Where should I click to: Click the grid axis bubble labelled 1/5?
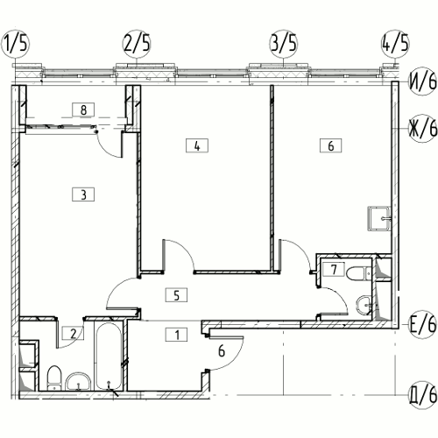16,44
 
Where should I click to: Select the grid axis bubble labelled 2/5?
137,44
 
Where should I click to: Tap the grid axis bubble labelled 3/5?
283,44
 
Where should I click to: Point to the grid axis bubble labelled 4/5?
395,44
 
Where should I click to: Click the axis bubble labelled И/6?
422,81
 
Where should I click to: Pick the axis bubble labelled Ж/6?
422,128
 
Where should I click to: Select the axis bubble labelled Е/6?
422,324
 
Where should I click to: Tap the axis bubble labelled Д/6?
422,395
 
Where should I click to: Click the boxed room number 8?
83,109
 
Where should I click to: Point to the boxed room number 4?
197,145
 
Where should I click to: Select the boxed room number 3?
83,194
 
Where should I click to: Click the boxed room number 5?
176,295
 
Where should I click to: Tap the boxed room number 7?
334,269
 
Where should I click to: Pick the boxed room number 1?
176,335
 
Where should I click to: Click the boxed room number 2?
74,333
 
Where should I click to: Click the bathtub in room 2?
109,356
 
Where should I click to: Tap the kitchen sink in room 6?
379,218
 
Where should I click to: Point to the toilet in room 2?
54,378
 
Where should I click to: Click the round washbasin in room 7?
364,306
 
